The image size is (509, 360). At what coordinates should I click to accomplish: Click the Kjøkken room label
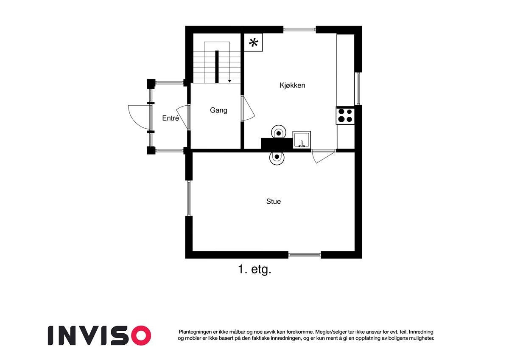click(x=292, y=85)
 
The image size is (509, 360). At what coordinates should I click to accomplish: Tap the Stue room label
click(x=273, y=202)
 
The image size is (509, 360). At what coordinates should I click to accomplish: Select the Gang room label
click(x=218, y=110)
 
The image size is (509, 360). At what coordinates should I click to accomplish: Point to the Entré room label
click(x=171, y=118)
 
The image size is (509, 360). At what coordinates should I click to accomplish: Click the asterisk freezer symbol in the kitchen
click(x=253, y=42)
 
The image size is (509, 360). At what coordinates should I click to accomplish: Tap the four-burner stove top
click(x=345, y=115)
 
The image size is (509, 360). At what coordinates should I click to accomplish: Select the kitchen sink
click(x=302, y=140)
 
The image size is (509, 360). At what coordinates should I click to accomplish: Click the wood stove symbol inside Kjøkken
click(x=278, y=133)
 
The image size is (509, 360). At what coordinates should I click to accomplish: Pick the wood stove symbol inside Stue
click(x=277, y=157)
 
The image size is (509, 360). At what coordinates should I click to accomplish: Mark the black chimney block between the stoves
click(x=277, y=144)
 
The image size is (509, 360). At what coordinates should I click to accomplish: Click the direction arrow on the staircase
click(x=229, y=80)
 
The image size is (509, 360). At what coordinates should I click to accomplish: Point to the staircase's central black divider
click(x=217, y=67)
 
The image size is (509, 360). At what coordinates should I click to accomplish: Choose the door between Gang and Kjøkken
click(x=247, y=109)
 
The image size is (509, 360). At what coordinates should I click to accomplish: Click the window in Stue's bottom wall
click(x=305, y=255)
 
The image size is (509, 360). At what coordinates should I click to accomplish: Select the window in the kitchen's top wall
click(x=299, y=30)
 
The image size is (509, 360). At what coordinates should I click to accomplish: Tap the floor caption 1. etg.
click(x=254, y=270)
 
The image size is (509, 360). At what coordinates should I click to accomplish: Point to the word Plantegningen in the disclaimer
click(x=195, y=332)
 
